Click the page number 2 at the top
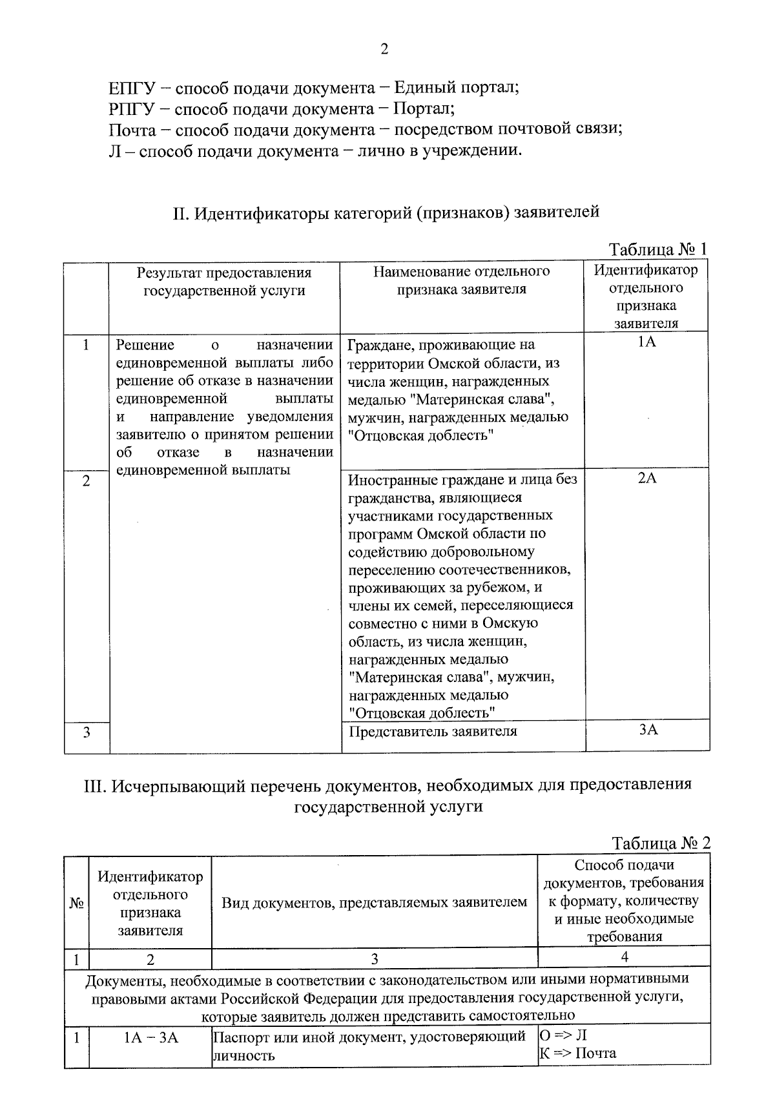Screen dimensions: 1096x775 point(384,50)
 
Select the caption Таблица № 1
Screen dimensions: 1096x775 point(659,250)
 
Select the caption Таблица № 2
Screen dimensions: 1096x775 point(661,843)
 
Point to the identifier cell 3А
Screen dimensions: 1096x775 point(648,730)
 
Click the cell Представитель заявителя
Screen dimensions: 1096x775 point(433,732)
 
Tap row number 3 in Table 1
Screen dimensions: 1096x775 point(86,732)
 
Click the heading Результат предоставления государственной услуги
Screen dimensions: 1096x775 point(224,282)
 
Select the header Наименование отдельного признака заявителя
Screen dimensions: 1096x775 point(461,280)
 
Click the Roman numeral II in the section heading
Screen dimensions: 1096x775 point(179,212)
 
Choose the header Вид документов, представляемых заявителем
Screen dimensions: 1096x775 point(375,902)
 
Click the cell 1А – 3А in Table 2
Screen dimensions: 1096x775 point(150,1038)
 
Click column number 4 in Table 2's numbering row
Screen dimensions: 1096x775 point(624,956)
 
